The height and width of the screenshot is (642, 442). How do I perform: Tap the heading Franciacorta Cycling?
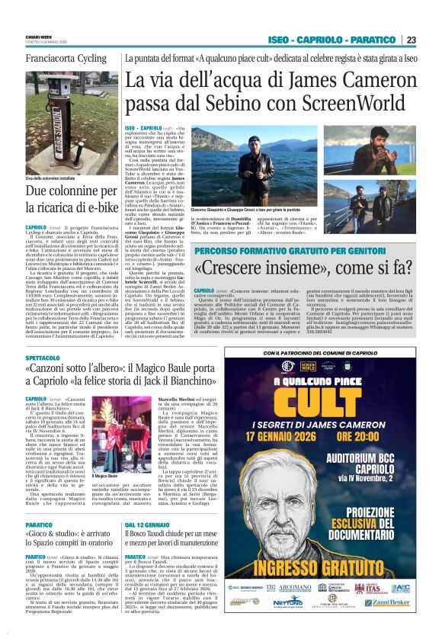point(66,58)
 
